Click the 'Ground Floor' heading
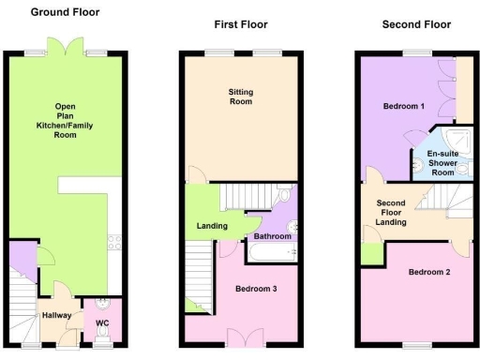pyautogui.click(x=66, y=12)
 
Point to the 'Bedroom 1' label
pyautogui.click(x=405, y=107)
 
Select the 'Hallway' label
pyautogui.click(x=56, y=315)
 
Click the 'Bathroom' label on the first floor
pyautogui.click(x=273, y=236)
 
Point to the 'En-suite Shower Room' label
pyautogui.click(x=442, y=161)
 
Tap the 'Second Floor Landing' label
pyautogui.click(x=391, y=212)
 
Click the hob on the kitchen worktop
pyautogui.click(x=114, y=242)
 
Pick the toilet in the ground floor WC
pyautogui.click(x=103, y=305)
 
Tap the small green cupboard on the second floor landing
pyautogui.click(x=372, y=252)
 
